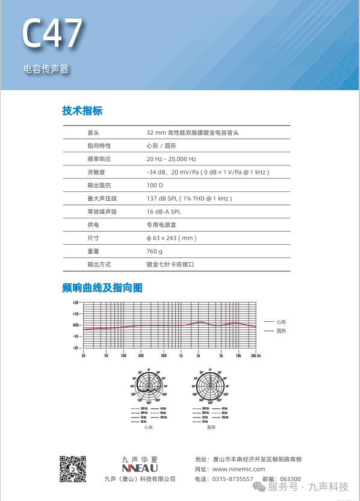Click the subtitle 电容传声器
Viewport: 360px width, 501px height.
coord(46,69)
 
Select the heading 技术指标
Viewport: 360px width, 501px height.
coord(82,111)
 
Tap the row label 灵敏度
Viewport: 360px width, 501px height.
coord(96,172)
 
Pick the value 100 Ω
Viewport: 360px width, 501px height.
coord(155,185)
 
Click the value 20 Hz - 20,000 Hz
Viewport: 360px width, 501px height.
coord(171,159)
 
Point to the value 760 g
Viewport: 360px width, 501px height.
coord(155,251)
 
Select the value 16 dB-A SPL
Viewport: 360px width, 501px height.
coord(163,212)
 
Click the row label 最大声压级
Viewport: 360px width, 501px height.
coord(102,198)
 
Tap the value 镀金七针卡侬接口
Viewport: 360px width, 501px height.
coord(170,265)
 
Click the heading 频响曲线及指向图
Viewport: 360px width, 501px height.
coord(102,288)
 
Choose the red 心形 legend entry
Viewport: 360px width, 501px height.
coord(281,322)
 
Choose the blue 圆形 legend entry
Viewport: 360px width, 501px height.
coord(281,331)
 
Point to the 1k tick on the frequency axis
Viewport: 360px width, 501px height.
coord(181,355)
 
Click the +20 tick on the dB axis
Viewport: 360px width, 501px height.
coord(76,303)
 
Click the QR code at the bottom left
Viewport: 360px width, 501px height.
coord(73,470)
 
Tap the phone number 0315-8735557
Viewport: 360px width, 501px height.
coord(232,479)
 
